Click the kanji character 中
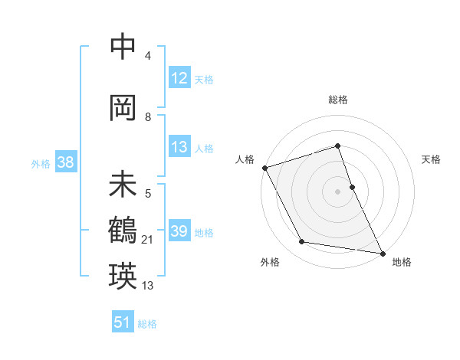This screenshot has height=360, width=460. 123,47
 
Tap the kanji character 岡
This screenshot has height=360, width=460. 123,108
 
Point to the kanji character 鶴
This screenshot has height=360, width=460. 123,230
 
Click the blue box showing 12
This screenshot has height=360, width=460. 179,79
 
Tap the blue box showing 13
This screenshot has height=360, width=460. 179,148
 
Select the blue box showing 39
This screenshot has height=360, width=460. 179,232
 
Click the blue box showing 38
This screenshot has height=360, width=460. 65,163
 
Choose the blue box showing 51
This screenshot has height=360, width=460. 123,322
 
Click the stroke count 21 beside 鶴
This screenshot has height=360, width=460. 147,241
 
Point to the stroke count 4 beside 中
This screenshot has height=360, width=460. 148,56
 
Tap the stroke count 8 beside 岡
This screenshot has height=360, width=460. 148,117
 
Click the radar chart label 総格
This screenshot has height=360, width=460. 337,100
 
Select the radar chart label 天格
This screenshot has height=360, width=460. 431,159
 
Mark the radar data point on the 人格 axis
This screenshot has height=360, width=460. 264,168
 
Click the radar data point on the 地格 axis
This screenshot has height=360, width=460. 382,252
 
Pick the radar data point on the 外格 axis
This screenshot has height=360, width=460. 302,242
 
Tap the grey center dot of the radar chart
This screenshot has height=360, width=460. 337,191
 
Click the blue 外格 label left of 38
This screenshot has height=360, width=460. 41,163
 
